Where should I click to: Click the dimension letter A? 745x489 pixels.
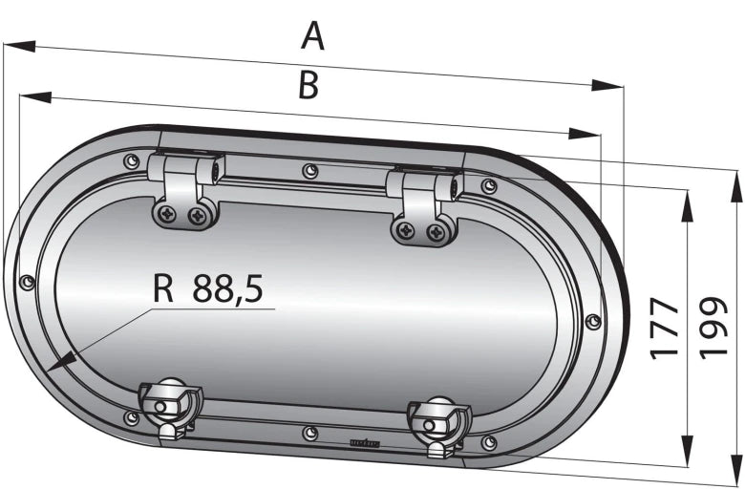coord(313,35)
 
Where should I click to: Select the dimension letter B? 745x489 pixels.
coord(308,85)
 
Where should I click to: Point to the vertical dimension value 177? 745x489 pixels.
coord(665,328)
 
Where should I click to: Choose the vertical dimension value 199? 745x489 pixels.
coord(715,328)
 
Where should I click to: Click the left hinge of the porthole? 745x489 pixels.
coord(185,191)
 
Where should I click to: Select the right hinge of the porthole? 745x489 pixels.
coord(423,205)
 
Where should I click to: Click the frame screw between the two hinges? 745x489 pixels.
coord(309,171)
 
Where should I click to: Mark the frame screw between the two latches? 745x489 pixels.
coord(309,433)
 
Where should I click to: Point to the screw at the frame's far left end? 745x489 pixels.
coord(28,282)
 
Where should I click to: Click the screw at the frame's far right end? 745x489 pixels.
coord(592,322)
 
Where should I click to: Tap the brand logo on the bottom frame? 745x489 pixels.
coord(366,442)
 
